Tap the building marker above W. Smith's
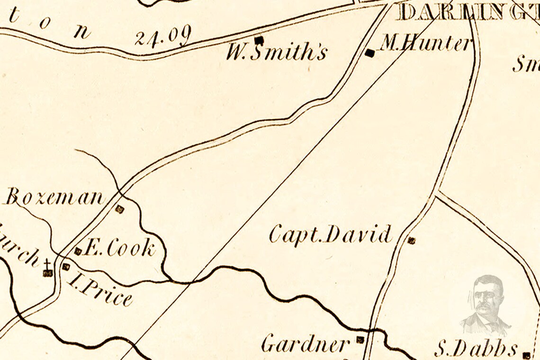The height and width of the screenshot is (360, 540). coord(259,40)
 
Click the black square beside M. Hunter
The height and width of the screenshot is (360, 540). coord(370,54)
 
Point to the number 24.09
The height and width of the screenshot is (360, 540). coord(162,36)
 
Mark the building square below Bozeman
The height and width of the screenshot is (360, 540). coord(120,209)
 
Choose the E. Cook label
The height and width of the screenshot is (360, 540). coord(119,248)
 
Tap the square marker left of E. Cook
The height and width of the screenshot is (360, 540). coord(78,251)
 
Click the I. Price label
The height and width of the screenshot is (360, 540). coord(100,289)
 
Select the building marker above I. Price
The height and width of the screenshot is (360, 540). coord(66,267)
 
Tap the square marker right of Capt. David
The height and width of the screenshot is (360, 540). coord(411,241)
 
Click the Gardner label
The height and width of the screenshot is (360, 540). coord(306,343)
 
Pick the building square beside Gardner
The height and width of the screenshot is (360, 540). coord(360,339)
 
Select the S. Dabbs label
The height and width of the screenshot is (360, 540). coord(476,350)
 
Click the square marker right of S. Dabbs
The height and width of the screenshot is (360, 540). coord(527,355)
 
